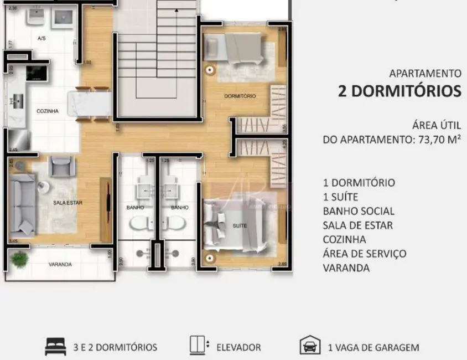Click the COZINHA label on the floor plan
(x=48, y=111)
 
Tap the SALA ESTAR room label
(x=68, y=203)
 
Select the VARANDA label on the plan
(x=60, y=264)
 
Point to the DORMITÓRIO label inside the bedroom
(x=240, y=96)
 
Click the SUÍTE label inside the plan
(x=240, y=226)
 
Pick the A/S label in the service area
(x=41, y=39)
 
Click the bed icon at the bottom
(x=55, y=347)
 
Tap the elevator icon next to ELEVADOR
(x=198, y=346)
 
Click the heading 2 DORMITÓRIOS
(x=399, y=91)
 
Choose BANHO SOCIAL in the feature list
(x=359, y=211)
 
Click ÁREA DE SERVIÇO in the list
(x=365, y=254)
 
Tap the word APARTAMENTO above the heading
(x=425, y=73)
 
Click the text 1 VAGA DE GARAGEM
(x=373, y=348)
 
